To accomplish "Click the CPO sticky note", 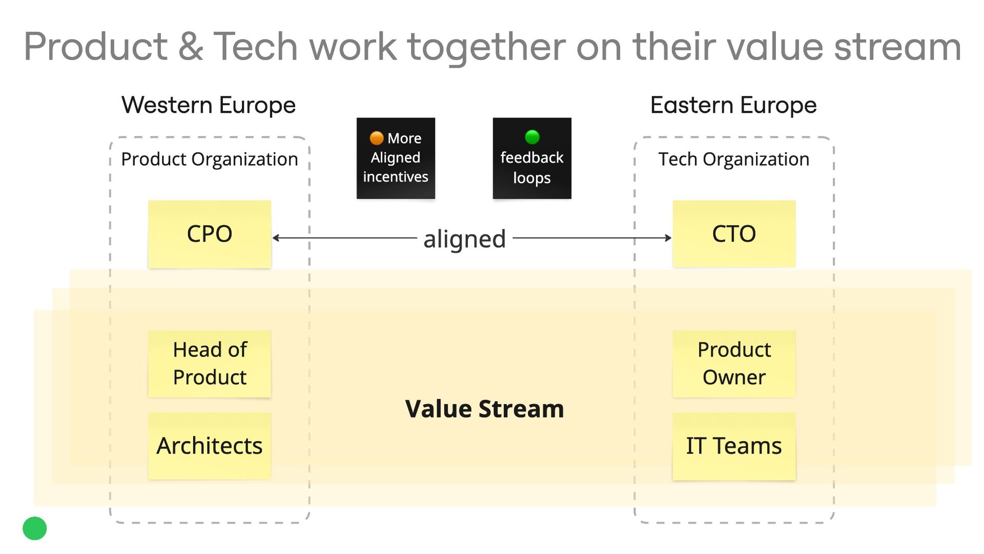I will (209, 234).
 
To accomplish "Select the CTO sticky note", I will (733, 234).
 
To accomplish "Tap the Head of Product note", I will (209, 364).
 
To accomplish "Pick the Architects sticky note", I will (209, 446).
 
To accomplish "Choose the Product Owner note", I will (733, 364).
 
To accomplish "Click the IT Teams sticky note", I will (733, 446).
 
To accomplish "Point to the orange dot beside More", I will (377, 138).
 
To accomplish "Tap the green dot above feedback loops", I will (532, 137).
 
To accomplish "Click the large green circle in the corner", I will (35, 528).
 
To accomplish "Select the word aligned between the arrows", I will (464, 239).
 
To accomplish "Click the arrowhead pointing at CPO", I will (276, 238).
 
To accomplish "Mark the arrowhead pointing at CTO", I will (668, 238).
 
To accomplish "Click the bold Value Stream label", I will (484, 409).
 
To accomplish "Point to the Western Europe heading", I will (209, 105).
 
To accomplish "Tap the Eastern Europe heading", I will (733, 105).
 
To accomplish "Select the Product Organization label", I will (209, 160).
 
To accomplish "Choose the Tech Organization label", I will (733, 160).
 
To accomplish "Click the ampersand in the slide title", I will (191, 47).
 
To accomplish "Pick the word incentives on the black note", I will (396, 177).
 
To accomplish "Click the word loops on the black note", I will (532, 178).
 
